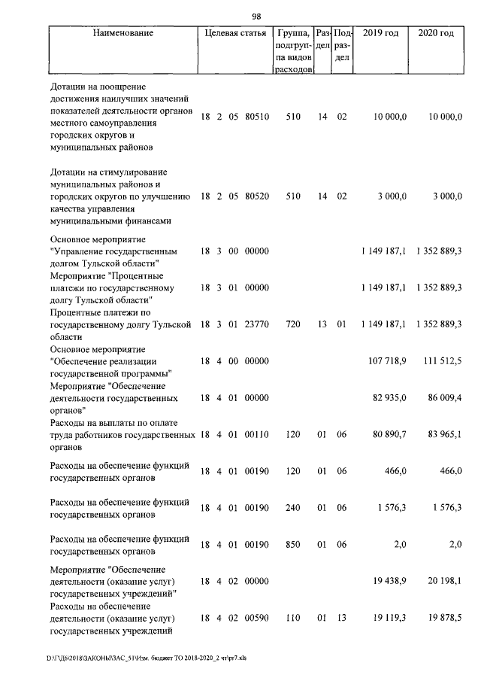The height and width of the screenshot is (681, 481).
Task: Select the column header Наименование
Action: point(124,34)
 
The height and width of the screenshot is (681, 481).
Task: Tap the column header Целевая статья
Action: point(234,34)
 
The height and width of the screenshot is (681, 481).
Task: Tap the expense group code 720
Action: point(289,324)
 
